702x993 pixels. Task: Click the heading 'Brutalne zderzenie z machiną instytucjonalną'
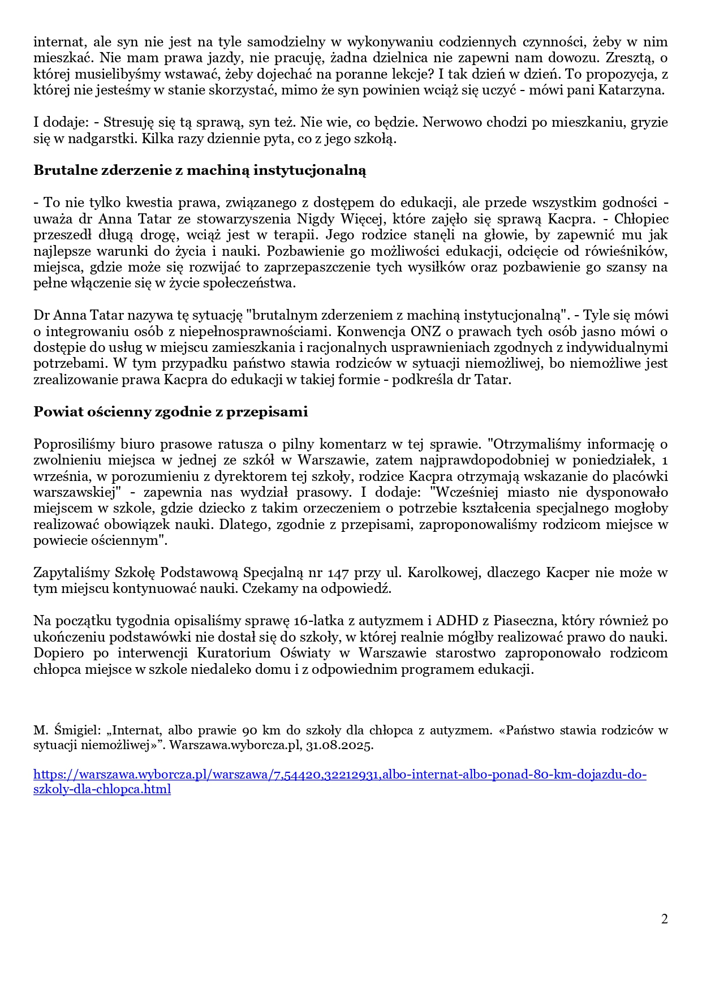tap(200, 170)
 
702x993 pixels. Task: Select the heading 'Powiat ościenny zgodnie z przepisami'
tap(170, 412)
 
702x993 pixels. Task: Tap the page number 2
tap(664, 919)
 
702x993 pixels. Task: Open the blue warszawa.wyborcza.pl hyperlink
tap(339, 775)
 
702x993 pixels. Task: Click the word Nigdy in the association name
tap(313, 219)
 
